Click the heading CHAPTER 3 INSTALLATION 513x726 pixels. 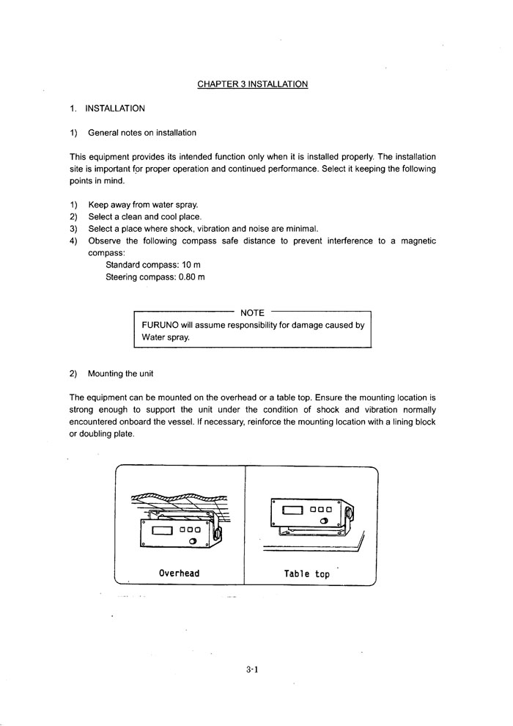pos(252,84)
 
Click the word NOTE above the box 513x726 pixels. pos(252,313)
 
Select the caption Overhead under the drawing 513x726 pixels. pos(179,573)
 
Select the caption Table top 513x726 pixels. pos(307,574)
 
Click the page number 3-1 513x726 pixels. pos(254,669)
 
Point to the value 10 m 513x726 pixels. pos(187,264)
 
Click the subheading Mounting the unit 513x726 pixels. pos(120,373)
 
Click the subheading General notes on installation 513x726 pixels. pos(142,133)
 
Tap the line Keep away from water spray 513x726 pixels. pos(143,205)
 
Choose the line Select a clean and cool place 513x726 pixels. pos(144,217)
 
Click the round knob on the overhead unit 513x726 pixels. pos(194,541)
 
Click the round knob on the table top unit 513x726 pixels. pos(323,521)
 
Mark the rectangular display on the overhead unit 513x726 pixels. pos(162,530)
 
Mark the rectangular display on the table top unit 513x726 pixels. pos(292,509)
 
